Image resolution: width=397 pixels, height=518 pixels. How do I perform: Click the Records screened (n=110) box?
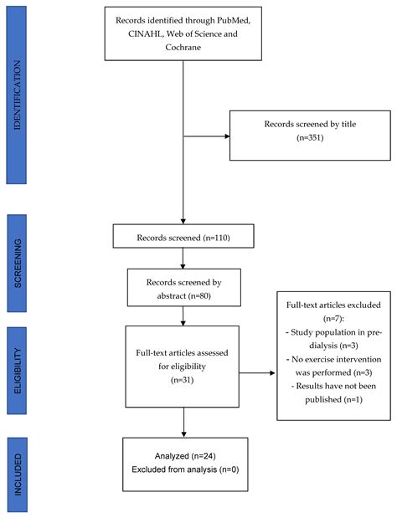(183, 238)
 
